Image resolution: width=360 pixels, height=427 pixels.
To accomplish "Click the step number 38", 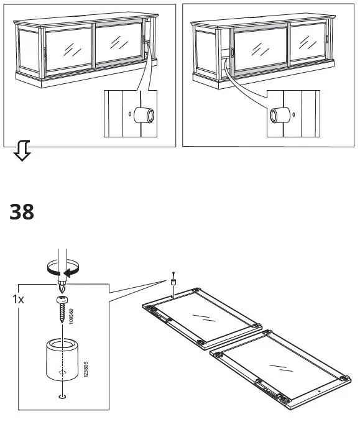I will click(22, 213).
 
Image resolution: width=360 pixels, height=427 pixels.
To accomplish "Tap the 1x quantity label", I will click(19, 299).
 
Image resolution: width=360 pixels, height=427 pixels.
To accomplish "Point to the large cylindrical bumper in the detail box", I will click(61, 359).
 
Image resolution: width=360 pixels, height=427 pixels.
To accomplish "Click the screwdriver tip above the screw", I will click(60, 287).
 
